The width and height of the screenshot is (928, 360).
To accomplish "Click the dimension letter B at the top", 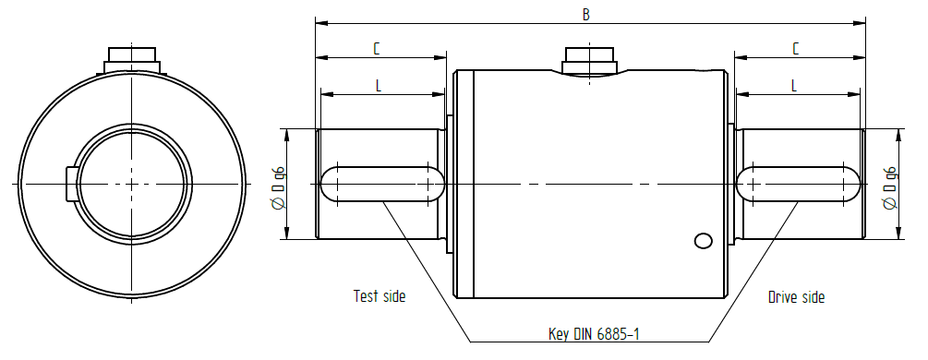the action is click(586, 14).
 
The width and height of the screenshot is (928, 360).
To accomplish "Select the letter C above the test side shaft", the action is click(377, 49).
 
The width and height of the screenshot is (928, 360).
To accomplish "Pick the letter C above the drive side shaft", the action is click(796, 49).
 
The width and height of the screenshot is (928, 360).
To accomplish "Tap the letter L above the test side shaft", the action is click(379, 85).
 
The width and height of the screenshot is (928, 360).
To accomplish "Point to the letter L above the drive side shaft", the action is click(794, 85).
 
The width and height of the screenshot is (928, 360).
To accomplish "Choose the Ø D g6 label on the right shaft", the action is click(889, 188).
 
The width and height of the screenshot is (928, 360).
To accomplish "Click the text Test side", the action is click(380, 296).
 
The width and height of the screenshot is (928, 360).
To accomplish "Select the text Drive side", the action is click(796, 296).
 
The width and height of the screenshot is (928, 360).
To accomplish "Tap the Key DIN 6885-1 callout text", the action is click(594, 334).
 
